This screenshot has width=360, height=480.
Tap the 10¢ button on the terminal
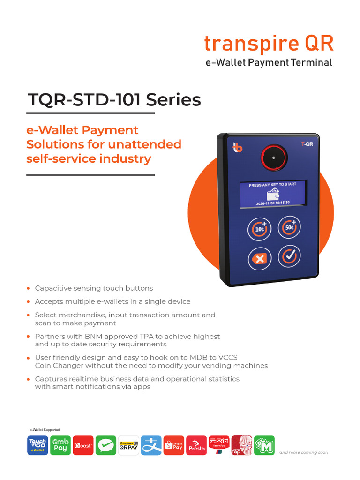click(259, 228)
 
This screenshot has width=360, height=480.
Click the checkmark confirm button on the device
click(289, 256)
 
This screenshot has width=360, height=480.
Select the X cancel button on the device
click(259, 258)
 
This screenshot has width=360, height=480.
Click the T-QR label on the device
click(307, 145)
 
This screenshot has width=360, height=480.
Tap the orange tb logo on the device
click(238, 148)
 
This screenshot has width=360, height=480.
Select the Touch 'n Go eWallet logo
click(37, 445)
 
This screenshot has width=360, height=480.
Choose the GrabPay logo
click(60, 445)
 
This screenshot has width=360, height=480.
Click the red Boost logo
click(83, 445)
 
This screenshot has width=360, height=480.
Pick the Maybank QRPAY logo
click(128, 445)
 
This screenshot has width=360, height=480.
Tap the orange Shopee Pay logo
click(173, 445)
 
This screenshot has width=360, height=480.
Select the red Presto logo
click(196, 445)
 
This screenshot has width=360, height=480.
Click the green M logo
click(264, 445)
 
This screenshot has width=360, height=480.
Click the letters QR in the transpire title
click(319, 44)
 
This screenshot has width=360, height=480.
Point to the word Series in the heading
click(174, 100)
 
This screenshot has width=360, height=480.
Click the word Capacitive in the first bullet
click(52, 288)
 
